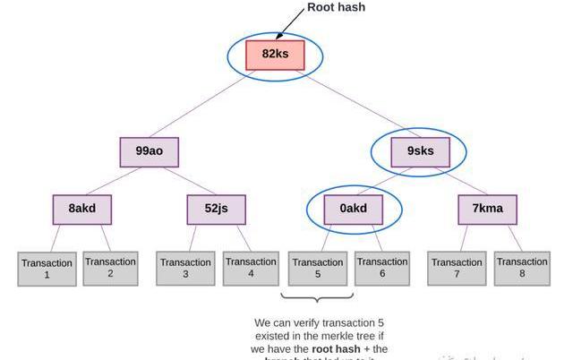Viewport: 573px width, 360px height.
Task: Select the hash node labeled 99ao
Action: [x=150, y=151]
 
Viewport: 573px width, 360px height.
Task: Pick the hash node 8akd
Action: [x=81, y=209]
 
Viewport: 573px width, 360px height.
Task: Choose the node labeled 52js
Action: [x=216, y=209]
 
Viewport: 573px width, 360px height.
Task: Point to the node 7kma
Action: [x=487, y=209]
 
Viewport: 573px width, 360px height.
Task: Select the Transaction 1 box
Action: [x=47, y=269]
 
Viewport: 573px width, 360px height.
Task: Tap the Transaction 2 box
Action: [x=110, y=268]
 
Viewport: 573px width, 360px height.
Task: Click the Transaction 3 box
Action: [x=185, y=269]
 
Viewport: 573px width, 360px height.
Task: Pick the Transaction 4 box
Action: [x=251, y=268]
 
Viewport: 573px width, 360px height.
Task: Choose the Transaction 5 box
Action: [x=318, y=269]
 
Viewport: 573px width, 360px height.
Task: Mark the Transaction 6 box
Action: [x=381, y=268]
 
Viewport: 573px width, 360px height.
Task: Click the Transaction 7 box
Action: [x=457, y=269]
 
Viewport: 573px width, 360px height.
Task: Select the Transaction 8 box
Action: [x=522, y=268]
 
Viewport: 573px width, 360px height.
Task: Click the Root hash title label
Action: [x=336, y=7]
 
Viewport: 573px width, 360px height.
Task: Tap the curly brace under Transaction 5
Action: [x=318, y=298]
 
